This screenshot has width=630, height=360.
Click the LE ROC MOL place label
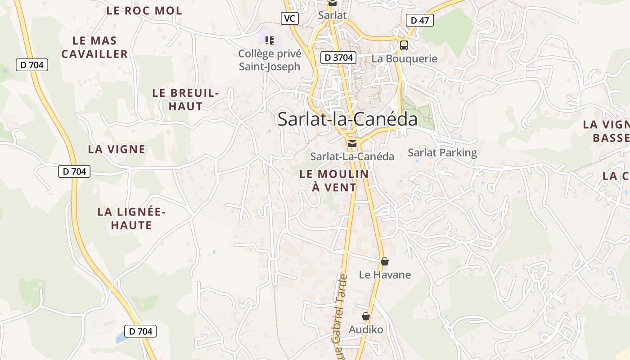144,11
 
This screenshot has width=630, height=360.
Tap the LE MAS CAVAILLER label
94,47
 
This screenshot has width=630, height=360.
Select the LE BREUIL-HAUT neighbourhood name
185,99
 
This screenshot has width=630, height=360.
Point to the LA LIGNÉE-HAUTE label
131,218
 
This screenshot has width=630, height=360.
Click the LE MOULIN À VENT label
334,180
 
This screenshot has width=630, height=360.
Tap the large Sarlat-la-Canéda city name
347,119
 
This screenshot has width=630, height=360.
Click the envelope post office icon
352,144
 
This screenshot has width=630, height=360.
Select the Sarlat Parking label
442,153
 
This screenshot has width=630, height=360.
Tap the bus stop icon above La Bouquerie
404,45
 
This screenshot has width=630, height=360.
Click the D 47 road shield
419,20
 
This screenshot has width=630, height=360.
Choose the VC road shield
290,18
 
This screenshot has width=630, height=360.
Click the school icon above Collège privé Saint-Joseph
270,41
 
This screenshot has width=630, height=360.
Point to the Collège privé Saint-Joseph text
269,60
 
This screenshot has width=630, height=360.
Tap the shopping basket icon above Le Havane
384,261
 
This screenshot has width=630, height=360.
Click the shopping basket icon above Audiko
366,317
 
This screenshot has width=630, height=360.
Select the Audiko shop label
366,330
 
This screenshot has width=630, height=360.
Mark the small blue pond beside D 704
120,338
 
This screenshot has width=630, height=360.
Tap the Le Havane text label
385,274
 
